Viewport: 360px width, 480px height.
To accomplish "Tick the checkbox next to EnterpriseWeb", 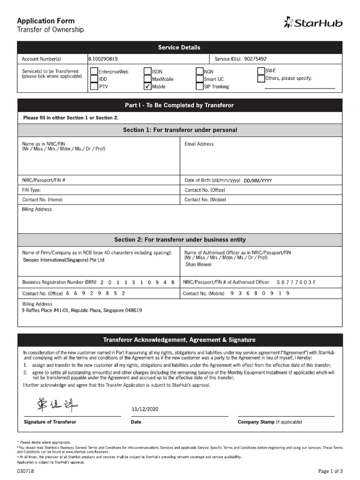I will tap(94, 72).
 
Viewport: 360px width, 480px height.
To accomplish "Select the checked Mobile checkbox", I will tap(147, 86).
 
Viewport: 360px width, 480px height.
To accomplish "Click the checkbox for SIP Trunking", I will tap(200, 86).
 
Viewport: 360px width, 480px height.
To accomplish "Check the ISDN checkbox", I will tap(147, 72).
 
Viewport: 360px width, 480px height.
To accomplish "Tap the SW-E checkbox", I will tap(261, 70).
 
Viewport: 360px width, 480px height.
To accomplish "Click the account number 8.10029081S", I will tap(103, 59).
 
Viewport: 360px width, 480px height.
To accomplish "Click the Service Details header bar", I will tap(180, 47).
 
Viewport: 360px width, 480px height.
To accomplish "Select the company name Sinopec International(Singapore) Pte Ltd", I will tap(64, 260).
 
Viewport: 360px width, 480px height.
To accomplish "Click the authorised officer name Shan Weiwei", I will tap(198, 264).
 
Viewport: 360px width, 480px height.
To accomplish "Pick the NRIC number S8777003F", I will tap(297, 282).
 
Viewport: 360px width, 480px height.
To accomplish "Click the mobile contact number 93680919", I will tap(260, 293).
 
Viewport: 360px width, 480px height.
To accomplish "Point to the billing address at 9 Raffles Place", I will tap(82, 310).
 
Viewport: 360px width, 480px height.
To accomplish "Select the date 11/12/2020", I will tap(145, 409).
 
